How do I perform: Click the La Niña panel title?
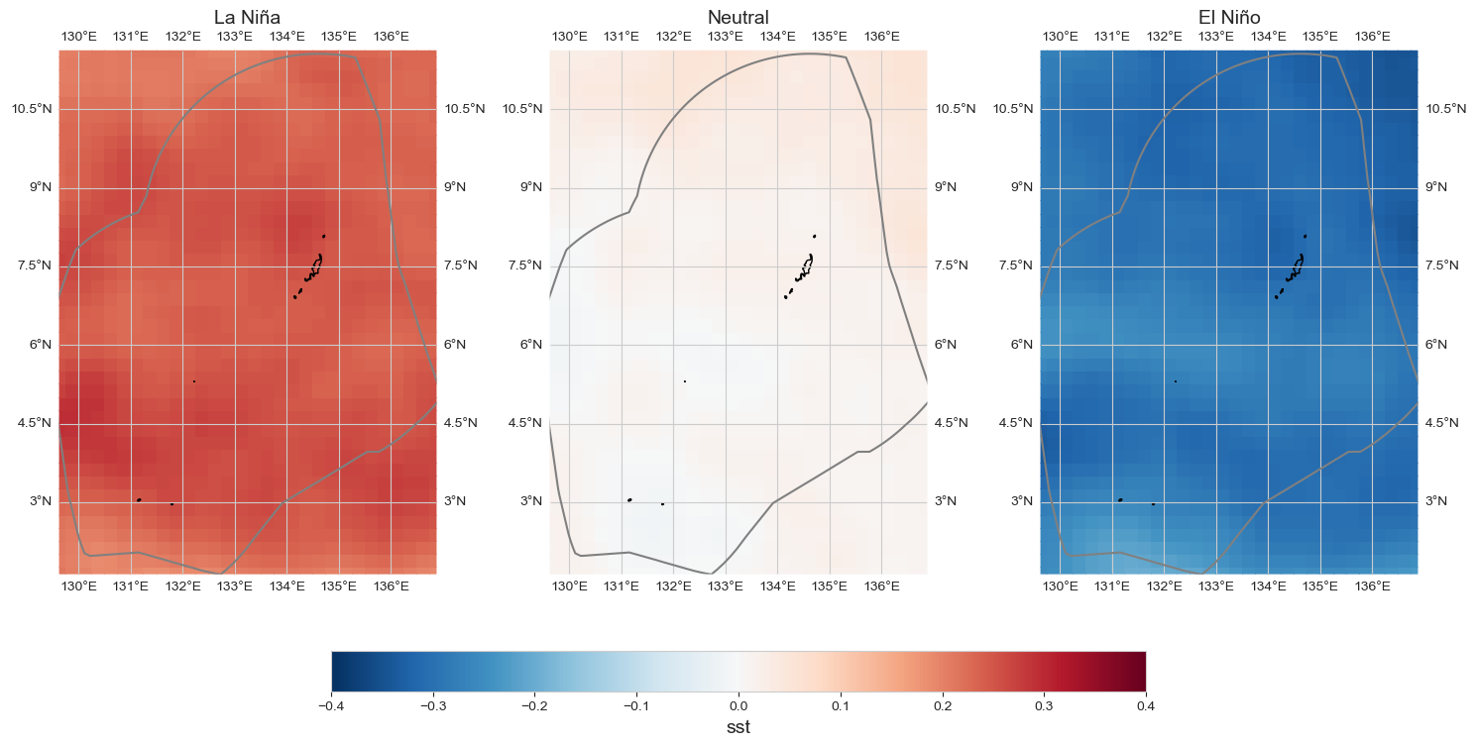point(247,17)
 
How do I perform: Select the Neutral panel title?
point(738,17)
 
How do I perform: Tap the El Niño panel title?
point(1228,17)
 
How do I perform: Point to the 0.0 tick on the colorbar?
point(738,706)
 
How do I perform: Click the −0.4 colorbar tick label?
point(330,706)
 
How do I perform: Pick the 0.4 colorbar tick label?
point(1146,706)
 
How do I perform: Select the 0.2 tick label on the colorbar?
point(943,706)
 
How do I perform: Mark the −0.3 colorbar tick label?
point(432,706)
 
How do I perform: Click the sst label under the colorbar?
point(738,729)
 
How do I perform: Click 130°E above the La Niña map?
point(79,37)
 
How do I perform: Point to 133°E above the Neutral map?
point(726,37)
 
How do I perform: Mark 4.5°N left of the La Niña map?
point(30,423)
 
